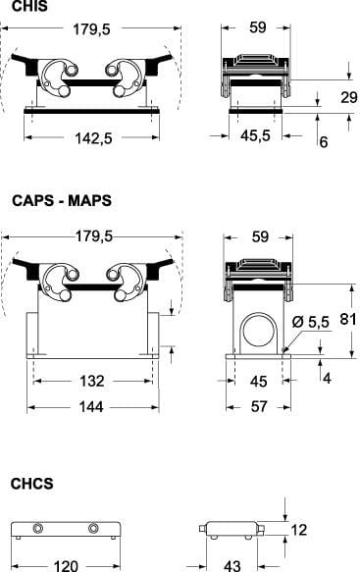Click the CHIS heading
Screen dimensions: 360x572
click(29, 6)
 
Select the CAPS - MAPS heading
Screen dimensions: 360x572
click(62, 201)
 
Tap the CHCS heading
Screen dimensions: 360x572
click(31, 484)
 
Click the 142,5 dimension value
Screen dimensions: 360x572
click(93, 138)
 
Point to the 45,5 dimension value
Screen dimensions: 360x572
click(255, 135)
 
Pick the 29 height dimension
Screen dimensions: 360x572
click(348, 97)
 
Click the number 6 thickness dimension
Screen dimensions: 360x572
click(323, 141)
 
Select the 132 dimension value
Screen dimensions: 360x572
click(92, 382)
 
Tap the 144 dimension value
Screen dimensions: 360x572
click(91, 407)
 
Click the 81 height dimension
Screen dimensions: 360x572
click(348, 319)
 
